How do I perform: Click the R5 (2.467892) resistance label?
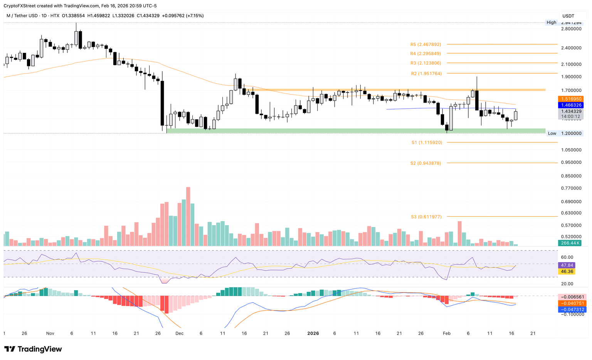[425, 45]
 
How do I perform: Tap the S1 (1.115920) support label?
[427, 143]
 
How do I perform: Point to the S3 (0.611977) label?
[426, 217]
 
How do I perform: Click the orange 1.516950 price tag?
[572, 99]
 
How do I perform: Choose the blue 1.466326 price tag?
[572, 105]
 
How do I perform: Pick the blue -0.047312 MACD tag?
[572, 310]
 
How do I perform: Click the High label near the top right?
[552, 22]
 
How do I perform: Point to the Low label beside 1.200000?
[552, 133]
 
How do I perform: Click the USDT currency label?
[568, 16]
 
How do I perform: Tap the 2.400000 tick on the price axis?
[571, 48]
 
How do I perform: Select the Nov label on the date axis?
[50, 333]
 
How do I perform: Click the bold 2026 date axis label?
[313, 333]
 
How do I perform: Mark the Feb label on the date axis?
[447, 333]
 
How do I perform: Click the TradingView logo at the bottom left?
[33, 349]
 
